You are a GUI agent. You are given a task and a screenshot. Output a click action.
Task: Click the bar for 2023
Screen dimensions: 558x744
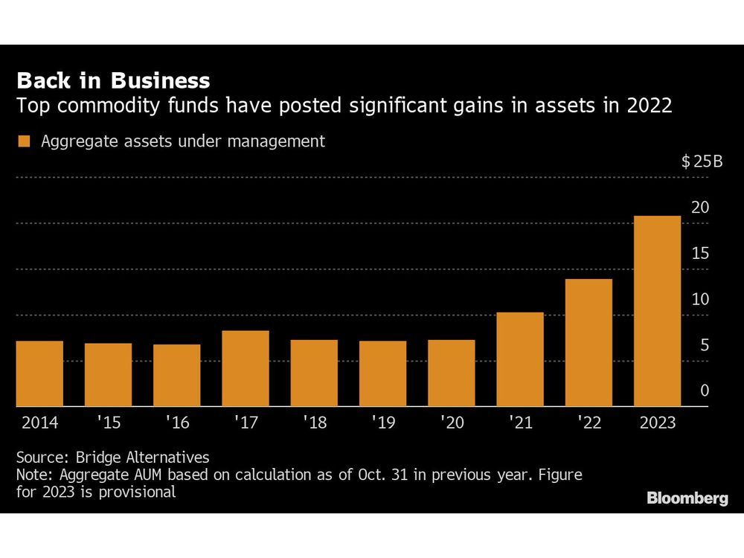(657, 311)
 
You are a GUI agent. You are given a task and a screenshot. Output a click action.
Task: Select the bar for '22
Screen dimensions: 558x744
(589, 343)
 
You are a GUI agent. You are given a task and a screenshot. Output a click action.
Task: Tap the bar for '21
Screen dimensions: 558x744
(520, 359)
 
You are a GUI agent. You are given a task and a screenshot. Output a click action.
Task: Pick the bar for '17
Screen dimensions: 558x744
(246, 368)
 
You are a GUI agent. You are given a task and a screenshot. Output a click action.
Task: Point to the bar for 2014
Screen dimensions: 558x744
(39, 373)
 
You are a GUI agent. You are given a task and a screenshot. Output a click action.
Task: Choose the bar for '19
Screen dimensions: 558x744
(382, 373)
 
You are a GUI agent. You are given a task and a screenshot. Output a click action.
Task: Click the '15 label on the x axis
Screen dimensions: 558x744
(108, 423)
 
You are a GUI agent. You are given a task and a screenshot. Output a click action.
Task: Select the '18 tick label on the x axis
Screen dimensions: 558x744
(314, 423)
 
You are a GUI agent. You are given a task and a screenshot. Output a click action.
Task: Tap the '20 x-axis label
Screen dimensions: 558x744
(451, 423)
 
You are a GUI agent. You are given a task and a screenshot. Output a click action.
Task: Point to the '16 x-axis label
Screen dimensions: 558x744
(176, 423)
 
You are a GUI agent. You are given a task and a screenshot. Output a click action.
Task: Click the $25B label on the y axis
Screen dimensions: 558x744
(702, 162)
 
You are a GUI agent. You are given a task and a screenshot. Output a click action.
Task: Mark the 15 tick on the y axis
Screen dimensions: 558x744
(700, 254)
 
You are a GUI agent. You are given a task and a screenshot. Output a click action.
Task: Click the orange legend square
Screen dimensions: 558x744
(25, 141)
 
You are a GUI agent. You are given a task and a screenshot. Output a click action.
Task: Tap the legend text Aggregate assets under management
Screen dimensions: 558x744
(183, 141)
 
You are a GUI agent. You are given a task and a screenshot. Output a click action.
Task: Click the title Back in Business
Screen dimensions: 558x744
(113, 80)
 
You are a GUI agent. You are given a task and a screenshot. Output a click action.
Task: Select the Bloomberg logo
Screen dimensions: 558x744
(687, 498)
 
